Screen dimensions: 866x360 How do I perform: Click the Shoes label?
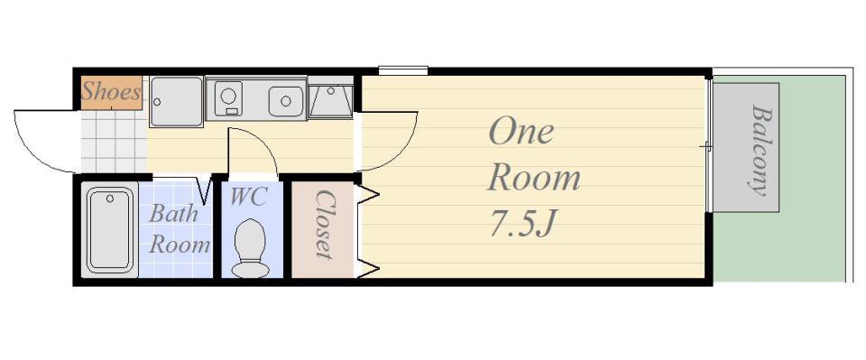coord(110,92)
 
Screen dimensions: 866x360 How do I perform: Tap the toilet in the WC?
coord(250,248)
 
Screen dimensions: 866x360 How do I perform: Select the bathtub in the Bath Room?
coord(110,230)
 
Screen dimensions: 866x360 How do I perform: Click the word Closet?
coord(325,225)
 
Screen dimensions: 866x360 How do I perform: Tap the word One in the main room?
coord(521,133)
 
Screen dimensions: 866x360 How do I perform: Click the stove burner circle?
coord(228,96)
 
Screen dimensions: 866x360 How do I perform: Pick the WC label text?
coord(248,197)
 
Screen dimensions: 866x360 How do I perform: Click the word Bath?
coord(173,214)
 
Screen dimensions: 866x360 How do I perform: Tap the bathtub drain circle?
coord(110,198)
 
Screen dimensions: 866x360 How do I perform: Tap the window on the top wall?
coord(403,70)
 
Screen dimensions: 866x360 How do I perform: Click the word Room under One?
coord(534,179)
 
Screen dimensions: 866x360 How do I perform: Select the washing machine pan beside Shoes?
coord(176,102)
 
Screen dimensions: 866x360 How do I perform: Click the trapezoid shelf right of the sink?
coord(330,102)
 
